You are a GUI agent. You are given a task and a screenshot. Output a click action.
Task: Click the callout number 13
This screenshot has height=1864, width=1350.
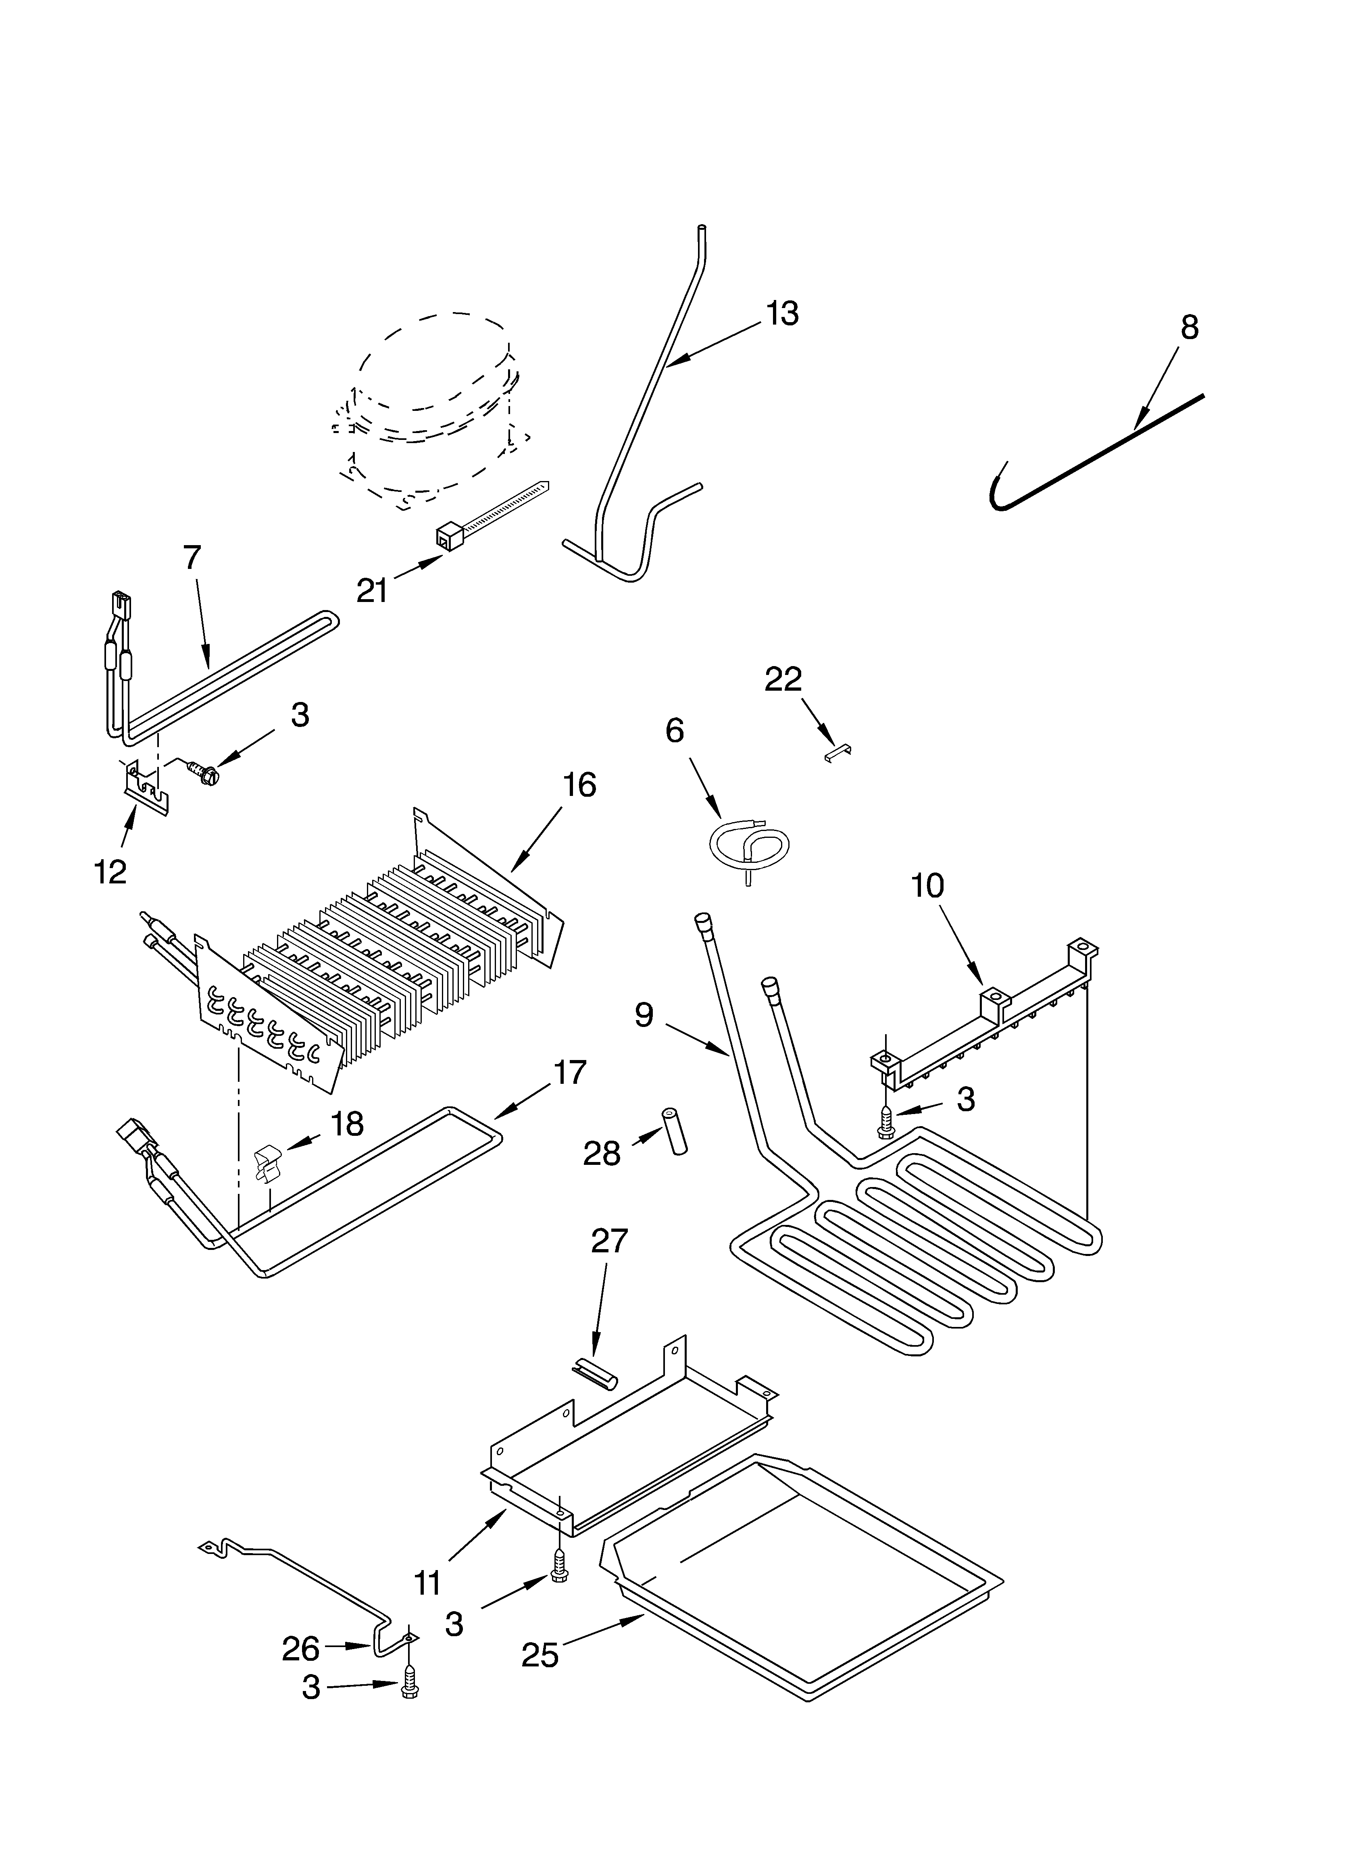(x=782, y=314)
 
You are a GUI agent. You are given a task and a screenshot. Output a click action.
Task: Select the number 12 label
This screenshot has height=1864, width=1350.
(x=110, y=872)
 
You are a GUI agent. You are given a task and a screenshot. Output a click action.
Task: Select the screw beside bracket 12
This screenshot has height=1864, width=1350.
(x=203, y=771)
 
